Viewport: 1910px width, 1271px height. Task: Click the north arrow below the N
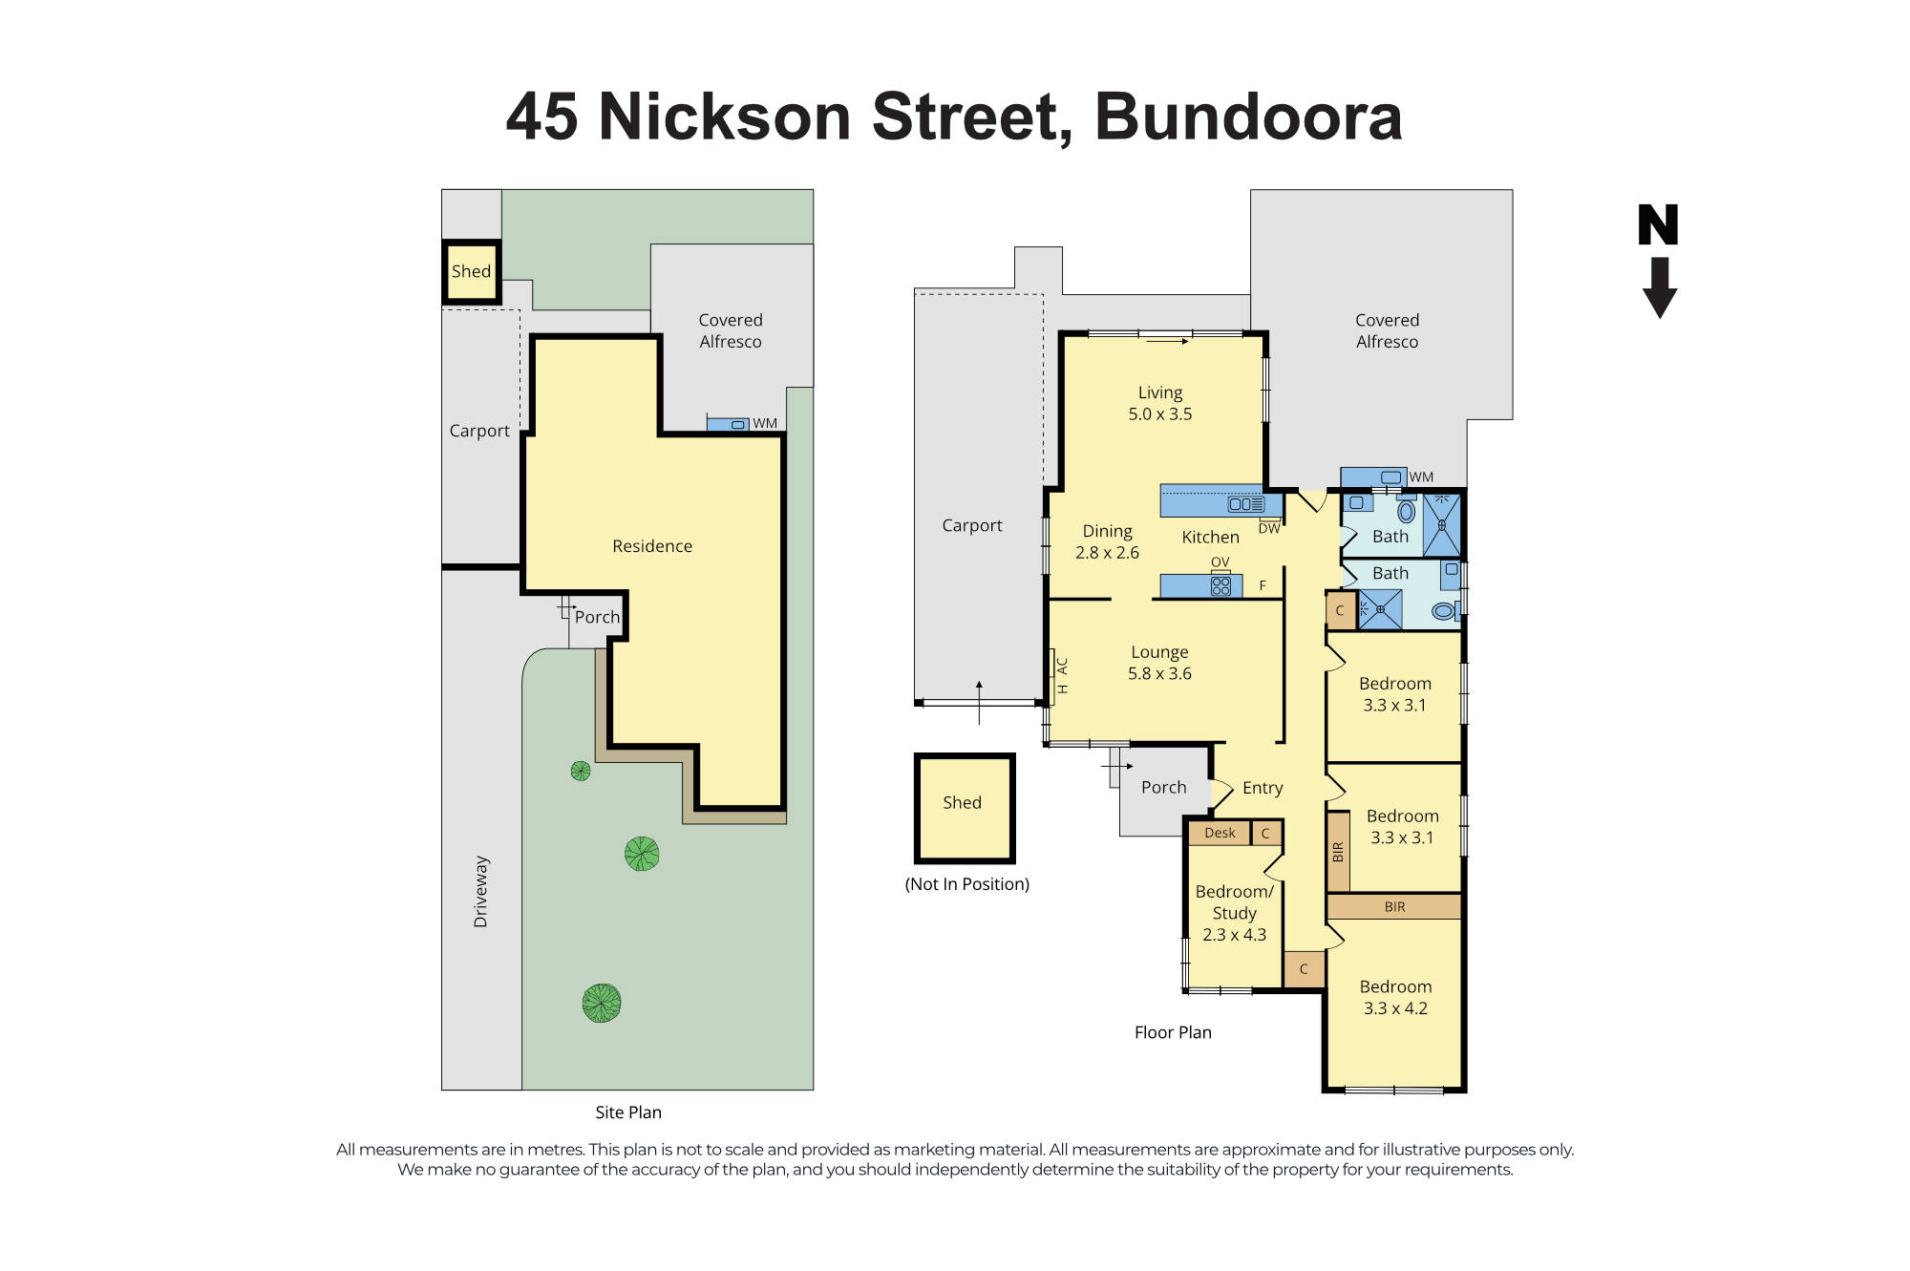click(1660, 287)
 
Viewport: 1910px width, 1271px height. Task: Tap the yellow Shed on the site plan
click(471, 271)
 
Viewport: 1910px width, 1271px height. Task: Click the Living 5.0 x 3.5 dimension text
click(1160, 414)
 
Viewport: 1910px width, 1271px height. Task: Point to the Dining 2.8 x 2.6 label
click(1107, 541)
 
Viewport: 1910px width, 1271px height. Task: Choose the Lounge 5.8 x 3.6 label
click(1159, 663)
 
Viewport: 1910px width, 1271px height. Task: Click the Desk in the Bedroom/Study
click(1220, 833)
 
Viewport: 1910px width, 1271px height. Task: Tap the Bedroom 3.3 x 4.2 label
click(1395, 997)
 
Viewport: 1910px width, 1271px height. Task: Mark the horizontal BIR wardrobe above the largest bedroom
click(1394, 906)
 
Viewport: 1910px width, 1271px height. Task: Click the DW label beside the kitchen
click(1268, 529)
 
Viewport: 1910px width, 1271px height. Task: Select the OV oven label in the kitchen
click(1220, 562)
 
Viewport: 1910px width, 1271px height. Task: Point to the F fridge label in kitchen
click(1263, 585)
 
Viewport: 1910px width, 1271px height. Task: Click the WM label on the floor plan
click(1421, 477)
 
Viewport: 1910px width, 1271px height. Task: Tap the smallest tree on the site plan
click(581, 771)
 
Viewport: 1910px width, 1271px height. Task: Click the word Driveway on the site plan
click(480, 891)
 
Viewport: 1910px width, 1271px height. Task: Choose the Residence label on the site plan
click(652, 546)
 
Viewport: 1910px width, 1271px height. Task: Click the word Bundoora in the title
click(1247, 117)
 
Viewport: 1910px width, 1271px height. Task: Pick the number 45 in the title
click(541, 117)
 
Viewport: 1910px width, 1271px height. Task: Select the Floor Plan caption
click(1173, 1032)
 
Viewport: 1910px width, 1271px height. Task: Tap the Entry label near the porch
click(1262, 788)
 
